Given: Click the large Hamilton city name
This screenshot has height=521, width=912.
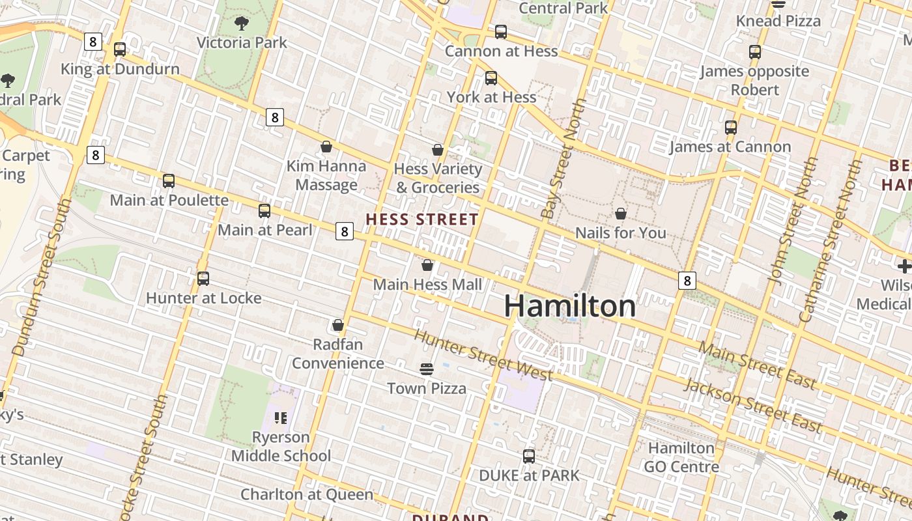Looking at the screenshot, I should point(569,306).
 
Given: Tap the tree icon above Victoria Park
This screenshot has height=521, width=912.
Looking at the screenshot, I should point(242,24).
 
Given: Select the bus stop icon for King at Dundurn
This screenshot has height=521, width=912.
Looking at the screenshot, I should point(120,49).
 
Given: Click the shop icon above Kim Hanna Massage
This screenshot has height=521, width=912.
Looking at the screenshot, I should point(326,147).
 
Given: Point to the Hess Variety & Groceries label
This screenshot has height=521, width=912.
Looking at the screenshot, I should point(438,178).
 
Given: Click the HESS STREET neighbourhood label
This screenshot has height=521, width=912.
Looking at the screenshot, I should point(422,219).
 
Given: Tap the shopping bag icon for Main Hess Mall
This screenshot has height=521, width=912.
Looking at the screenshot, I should point(427,265).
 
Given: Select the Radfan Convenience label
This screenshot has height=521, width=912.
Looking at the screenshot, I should point(337,354).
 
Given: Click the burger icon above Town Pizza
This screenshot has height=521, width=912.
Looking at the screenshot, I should point(427,370).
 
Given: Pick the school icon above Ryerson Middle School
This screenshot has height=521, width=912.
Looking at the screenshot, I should point(281,417).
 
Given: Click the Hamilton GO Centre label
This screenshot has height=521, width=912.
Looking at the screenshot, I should point(681,457).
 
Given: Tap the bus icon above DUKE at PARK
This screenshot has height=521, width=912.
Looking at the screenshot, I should point(529,456).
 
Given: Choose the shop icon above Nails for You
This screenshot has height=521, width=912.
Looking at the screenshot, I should point(621,214).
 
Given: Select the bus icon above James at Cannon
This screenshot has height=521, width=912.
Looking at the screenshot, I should point(731,128).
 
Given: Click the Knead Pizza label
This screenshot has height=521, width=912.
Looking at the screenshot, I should point(778,21).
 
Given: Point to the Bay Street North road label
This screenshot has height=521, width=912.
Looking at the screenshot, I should point(560,158).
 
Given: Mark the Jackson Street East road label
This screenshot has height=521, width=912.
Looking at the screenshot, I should point(752,406).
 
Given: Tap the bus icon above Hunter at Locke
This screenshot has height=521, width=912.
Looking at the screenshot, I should point(203,279).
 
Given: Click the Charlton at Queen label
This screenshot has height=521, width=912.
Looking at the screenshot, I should point(307,494).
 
